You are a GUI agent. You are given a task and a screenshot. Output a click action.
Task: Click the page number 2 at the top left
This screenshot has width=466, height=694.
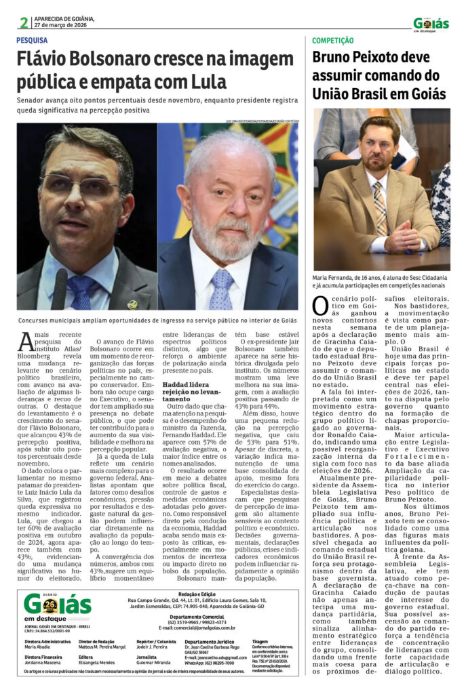pyautogui.click(x=24, y=23)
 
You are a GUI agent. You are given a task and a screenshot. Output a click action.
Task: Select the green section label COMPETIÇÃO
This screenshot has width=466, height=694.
pyautogui.click(x=332, y=41)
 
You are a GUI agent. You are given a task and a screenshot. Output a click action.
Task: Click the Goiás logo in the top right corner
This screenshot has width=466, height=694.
pyautogui.click(x=431, y=24)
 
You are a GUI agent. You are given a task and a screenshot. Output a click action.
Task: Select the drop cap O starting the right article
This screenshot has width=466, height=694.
pyautogui.click(x=320, y=306)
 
